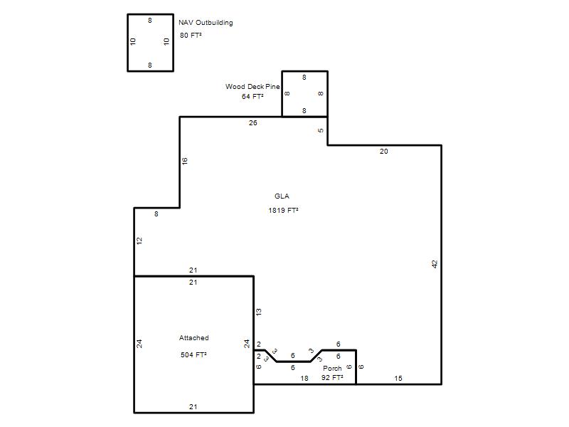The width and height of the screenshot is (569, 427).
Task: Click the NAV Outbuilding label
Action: (206, 23)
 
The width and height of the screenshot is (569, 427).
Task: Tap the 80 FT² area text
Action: (191, 35)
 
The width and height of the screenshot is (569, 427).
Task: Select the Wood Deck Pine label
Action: (252, 86)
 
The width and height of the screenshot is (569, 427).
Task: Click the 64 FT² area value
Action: (252, 97)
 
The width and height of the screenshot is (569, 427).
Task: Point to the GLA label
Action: (282, 196)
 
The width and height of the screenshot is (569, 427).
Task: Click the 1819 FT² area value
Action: (283, 210)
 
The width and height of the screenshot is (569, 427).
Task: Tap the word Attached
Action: (193, 337)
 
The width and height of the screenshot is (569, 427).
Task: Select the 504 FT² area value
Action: (193, 354)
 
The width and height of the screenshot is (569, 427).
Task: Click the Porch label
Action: (332, 368)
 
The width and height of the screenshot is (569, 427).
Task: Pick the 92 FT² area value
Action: (332, 378)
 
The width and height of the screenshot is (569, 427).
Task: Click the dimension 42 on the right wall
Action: (435, 264)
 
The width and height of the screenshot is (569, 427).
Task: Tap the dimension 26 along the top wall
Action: (253, 123)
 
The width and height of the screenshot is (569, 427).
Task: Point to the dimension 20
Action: (383, 152)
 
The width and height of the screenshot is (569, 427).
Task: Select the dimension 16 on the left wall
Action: (185, 162)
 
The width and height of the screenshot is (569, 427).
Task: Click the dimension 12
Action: (139, 241)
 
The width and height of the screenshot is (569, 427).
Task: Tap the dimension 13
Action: (258, 312)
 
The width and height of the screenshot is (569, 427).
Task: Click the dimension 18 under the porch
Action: (304, 379)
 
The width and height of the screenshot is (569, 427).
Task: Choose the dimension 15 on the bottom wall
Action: (398, 379)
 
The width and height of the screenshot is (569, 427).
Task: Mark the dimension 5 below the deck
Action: (321, 131)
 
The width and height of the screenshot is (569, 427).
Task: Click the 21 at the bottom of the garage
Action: (193, 407)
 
